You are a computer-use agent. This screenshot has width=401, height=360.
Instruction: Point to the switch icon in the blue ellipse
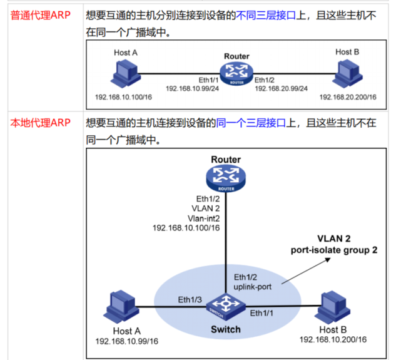click(x=225, y=306)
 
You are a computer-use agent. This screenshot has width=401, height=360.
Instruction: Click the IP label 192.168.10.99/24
click(x=191, y=89)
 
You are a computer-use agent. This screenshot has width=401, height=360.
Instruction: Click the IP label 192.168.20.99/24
click(x=281, y=89)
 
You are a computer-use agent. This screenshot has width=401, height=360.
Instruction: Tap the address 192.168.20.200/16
click(x=348, y=98)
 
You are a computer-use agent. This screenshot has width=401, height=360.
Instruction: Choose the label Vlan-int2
click(x=204, y=217)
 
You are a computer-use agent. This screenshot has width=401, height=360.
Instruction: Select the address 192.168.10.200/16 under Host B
click(x=332, y=339)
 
